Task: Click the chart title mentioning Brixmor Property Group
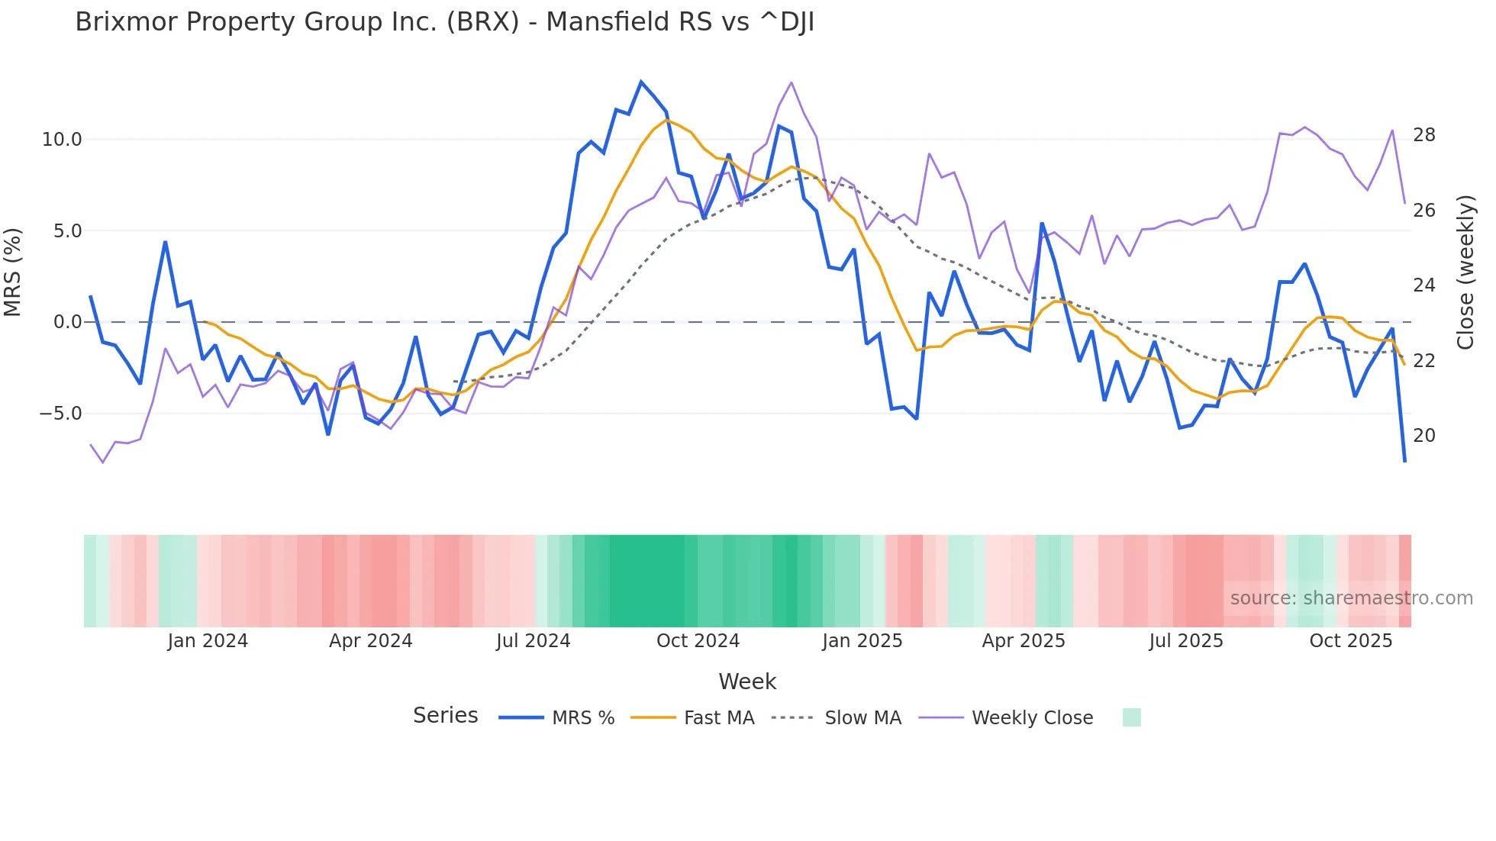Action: click(444, 22)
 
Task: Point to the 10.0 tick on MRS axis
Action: click(61, 140)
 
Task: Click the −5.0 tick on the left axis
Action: click(60, 414)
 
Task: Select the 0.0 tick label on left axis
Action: click(66, 322)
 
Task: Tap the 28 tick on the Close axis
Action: click(1423, 135)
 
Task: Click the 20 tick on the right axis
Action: click(1423, 436)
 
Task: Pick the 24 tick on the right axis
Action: click(1423, 285)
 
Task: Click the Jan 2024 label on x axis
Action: click(208, 641)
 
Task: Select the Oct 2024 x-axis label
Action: click(698, 641)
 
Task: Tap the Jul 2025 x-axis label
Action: click(1185, 641)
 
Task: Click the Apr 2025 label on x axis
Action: click(1023, 641)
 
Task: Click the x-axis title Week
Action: click(747, 681)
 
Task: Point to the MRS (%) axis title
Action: click(13, 272)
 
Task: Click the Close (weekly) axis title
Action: click(1465, 272)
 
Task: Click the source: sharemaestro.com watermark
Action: click(1351, 598)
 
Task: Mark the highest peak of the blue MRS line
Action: click(641, 82)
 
